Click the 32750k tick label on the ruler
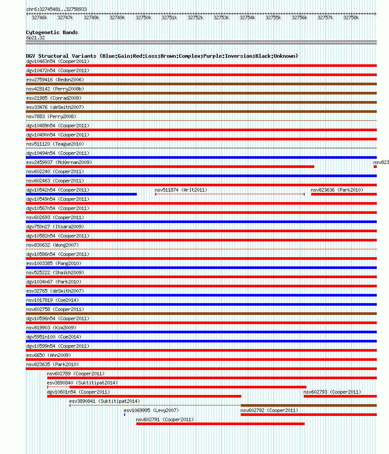point(143,18)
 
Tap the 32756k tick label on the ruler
point(299,18)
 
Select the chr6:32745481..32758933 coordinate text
point(56,9)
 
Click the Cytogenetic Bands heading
point(52,32)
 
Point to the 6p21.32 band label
point(35,38)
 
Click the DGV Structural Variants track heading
point(162,56)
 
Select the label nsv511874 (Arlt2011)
point(181,190)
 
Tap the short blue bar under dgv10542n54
point(81,194)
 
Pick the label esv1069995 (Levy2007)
point(151,410)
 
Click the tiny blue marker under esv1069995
point(125,414)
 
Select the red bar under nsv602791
point(220,423)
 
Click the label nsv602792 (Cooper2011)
point(269,410)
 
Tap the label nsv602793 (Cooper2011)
point(332,392)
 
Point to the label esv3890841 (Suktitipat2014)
point(104,401)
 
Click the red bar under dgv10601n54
point(144,396)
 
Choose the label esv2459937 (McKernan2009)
point(59,162)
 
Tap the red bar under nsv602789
point(212,377)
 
